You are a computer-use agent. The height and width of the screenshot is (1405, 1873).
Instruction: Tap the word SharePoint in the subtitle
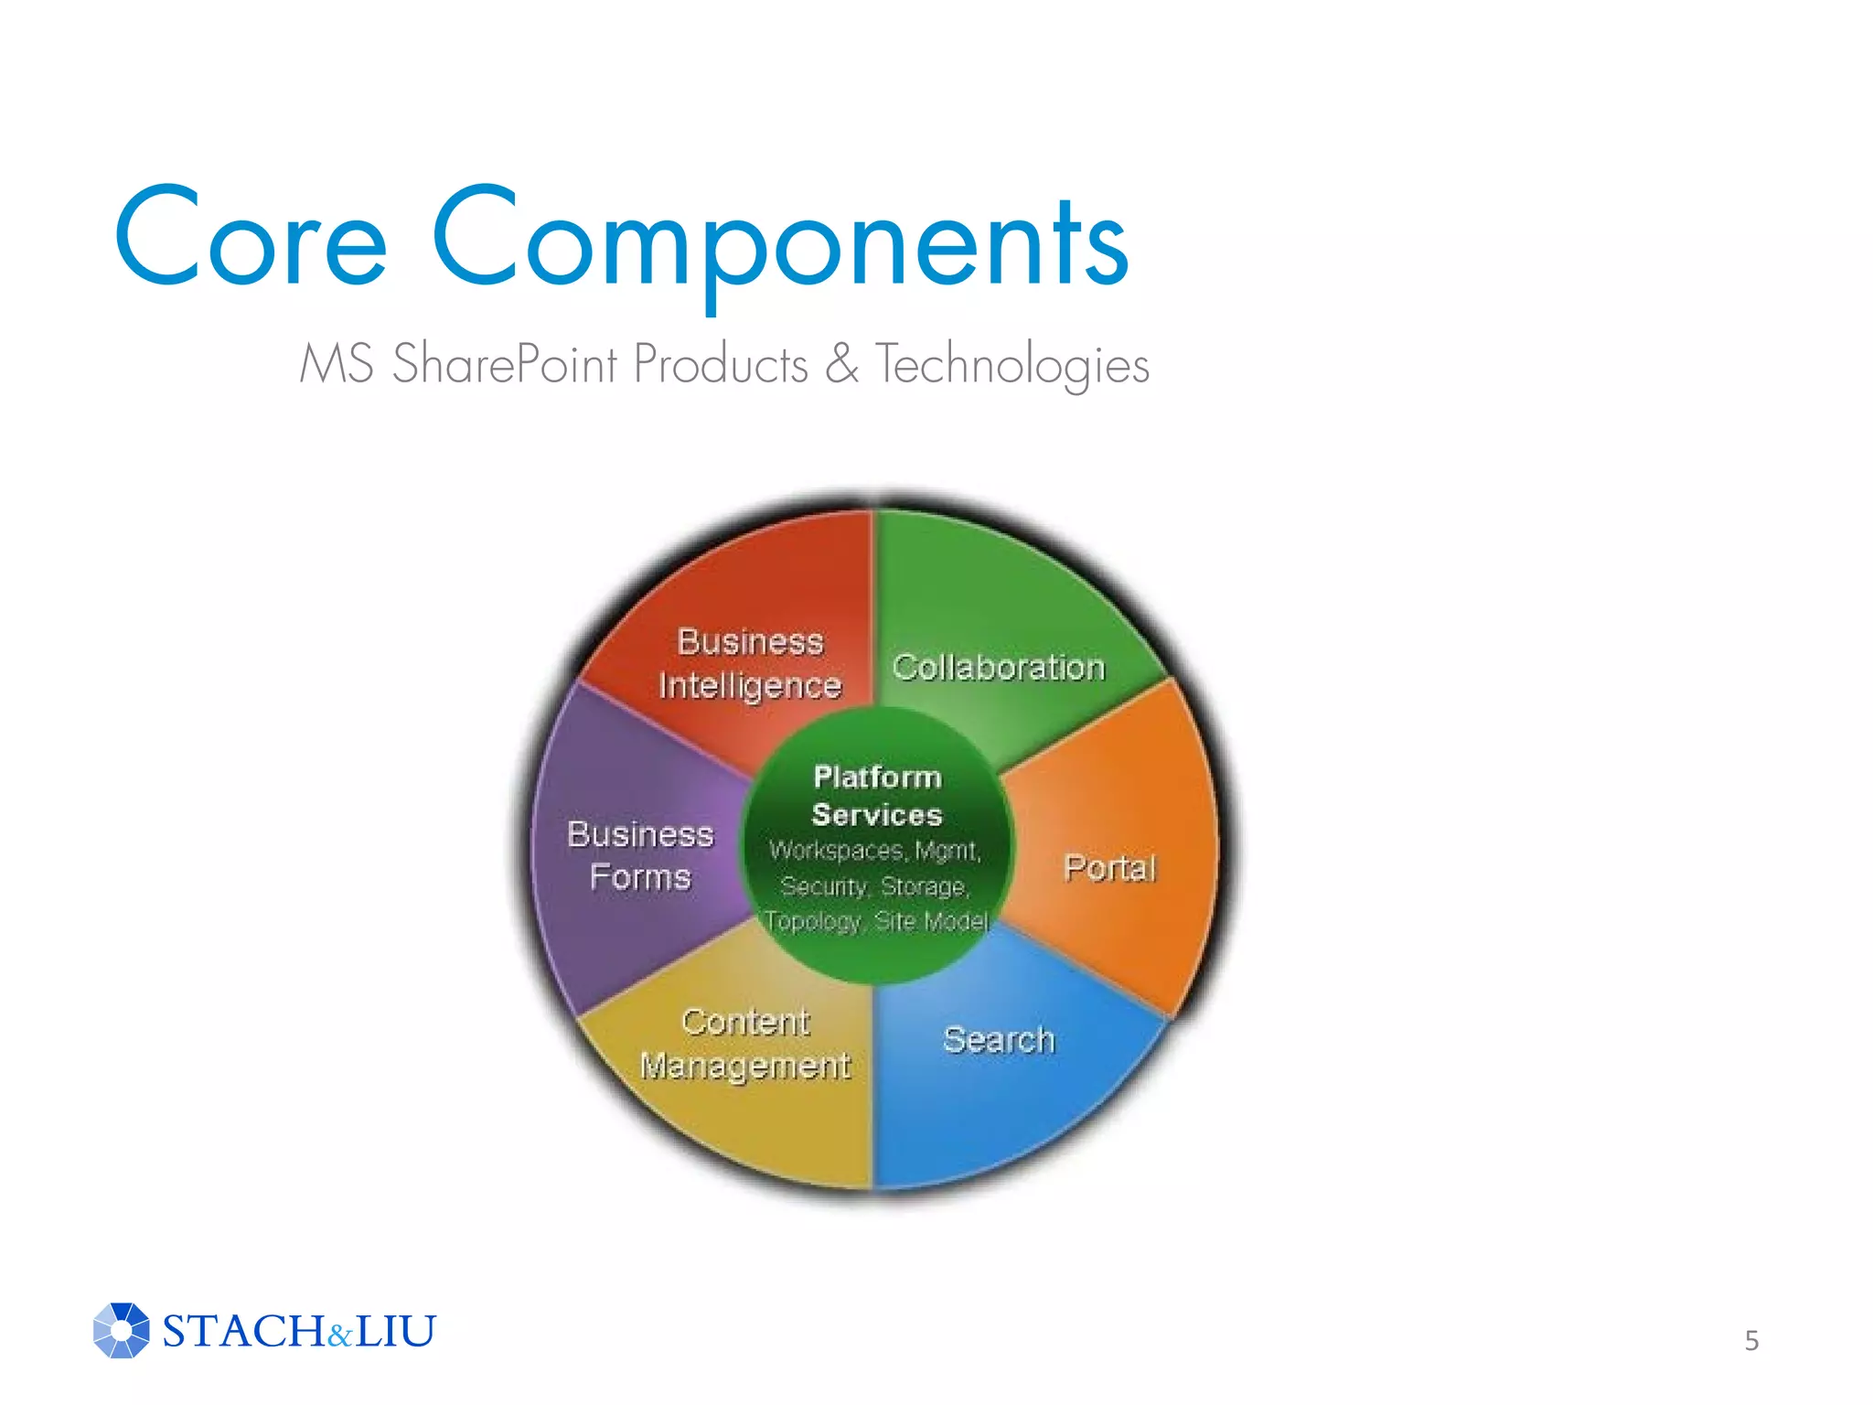click(505, 364)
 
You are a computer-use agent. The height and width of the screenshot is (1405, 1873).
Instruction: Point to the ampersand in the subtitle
click(841, 363)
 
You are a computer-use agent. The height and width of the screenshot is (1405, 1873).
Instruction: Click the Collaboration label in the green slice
click(999, 668)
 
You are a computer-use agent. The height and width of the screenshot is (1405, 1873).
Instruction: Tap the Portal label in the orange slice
click(1110, 867)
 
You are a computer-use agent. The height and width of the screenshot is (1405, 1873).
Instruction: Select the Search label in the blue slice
click(999, 1040)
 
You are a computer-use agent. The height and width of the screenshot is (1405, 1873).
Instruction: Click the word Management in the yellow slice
click(744, 1067)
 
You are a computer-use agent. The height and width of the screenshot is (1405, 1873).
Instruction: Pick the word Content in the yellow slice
click(745, 1022)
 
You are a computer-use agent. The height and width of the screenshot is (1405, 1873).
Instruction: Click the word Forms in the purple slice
click(640, 877)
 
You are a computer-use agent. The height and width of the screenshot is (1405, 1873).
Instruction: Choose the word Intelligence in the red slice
click(750, 686)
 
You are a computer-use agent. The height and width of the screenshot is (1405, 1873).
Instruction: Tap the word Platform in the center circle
click(877, 778)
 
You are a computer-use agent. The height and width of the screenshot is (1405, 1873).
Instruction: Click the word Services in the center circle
click(877, 815)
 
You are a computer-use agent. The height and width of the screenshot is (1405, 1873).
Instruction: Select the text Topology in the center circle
click(813, 921)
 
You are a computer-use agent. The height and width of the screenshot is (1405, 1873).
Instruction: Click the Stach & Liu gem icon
click(121, 1330)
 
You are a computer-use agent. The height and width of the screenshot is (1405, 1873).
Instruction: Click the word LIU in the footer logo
click(395, 1331)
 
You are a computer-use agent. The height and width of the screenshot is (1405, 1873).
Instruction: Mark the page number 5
click(1751, 1341)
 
